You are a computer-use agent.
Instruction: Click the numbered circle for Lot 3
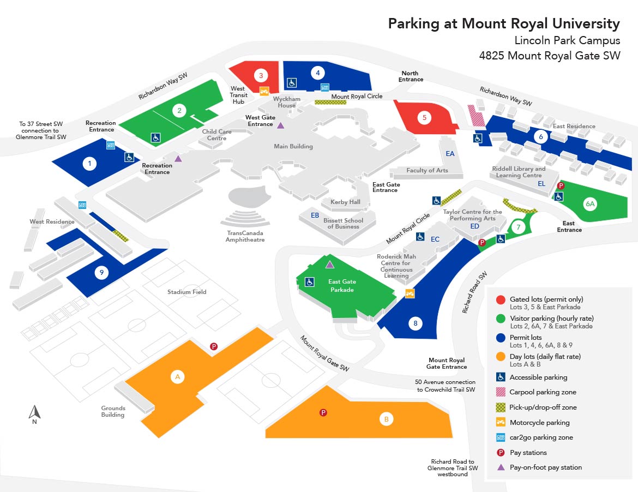coord(261,75)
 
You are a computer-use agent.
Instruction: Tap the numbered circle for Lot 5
coord(424,118)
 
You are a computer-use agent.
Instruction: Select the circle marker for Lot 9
coord(101,272)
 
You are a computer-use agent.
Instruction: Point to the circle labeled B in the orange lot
coord(386,419)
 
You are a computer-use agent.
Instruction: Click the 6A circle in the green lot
coord(590,204)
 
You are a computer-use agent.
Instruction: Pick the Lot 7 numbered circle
coord(518,227)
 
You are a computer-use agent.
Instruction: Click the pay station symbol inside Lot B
coord(323,413)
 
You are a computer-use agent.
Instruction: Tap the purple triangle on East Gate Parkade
coord(330,265)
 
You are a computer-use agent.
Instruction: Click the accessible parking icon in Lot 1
coord(129,157)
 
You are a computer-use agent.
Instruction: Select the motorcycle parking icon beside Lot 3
coord(264,91)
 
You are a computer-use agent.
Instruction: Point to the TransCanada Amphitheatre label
coord(245,236)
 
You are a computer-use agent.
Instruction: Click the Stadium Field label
coord(186,292)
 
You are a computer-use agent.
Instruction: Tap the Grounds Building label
coord(113,411)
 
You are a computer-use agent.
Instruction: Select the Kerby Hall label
coord(345,202)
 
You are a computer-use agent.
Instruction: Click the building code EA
coord(450,153)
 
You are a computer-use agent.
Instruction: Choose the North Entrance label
coord(411,76)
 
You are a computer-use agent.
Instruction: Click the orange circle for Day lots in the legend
coord(501,357)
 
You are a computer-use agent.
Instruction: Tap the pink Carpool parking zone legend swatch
coord(501,392)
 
